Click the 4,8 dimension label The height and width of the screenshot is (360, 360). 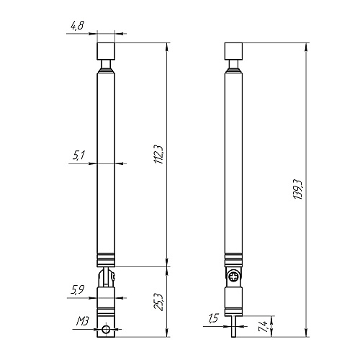coord(77,25)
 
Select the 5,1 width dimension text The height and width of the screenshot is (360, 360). coord(78,156)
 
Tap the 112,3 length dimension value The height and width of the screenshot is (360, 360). coord(159,155)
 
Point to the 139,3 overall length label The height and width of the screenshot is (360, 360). coord(298,189)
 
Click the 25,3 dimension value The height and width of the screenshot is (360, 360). coord(159,302)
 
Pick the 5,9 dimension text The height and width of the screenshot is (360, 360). coord(78,290)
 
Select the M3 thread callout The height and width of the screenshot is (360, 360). coord(83,321)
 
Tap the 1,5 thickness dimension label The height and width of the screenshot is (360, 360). coord(213,318)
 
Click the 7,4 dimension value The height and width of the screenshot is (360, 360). coord(263,326)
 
